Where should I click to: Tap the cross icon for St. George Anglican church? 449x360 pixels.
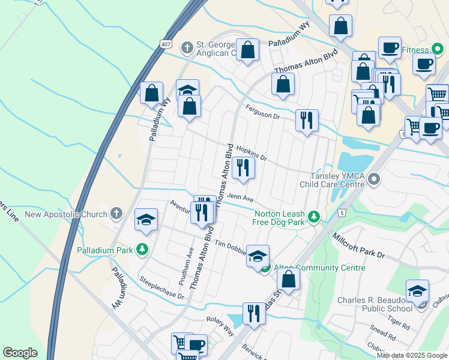click(187, 47)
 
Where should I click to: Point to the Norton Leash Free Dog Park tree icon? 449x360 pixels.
click(313, 217)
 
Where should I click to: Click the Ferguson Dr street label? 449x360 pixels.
click(263, 112)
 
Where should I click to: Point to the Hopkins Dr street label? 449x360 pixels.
click(251, 152)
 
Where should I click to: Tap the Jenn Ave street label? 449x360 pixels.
click(240, 199)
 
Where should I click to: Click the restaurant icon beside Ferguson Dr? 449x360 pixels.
click(307, 121)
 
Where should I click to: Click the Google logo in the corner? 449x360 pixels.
click(20, 353)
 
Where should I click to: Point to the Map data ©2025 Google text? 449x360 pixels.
click(411, 355)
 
